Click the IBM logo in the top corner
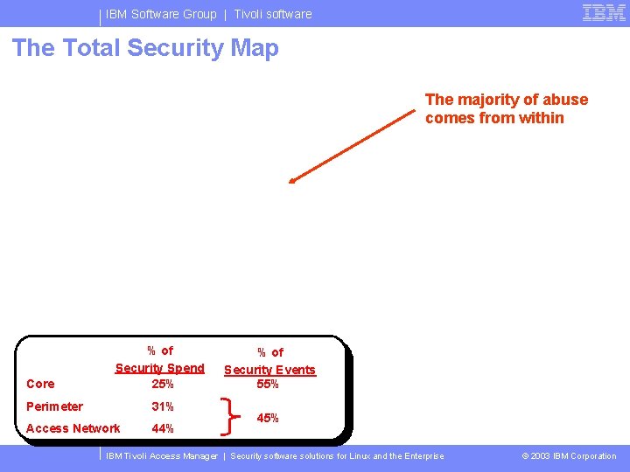604,12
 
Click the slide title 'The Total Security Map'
145,48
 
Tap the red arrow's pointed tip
290,182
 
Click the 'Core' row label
40,384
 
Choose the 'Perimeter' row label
54,406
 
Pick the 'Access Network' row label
73,428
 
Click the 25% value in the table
163,384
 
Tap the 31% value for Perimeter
163,406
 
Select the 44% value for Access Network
163,428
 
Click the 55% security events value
268,384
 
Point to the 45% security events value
268,418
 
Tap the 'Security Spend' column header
160,368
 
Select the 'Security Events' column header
269,370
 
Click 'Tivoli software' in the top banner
273,14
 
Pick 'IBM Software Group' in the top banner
161,14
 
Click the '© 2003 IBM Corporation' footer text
569,456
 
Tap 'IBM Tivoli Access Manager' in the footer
162,456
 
